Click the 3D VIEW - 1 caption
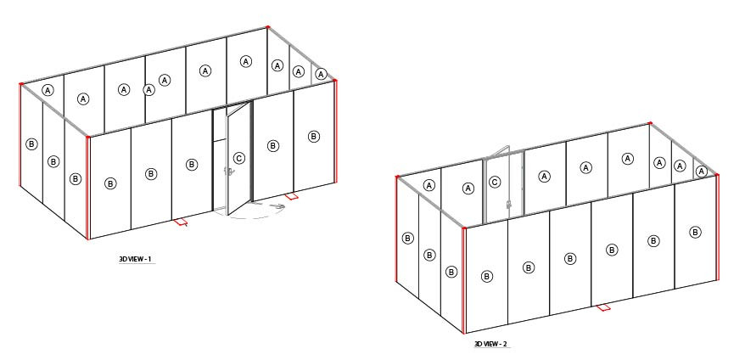pyautogui.click(x=136, y=259)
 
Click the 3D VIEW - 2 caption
pyautogui.click(x=491, y=344)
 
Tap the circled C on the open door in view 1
pyautogui.click(x=239, y=159)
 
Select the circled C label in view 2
pyautogui.click(x=495, y=183)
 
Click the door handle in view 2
pyautogui.click(x=509, y=205)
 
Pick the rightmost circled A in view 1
pyautogui.click(x=322, y=74)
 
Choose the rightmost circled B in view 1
pyautogui.click(x=314, y=137)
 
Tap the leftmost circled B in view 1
pyautogui.click(x=31, y=144)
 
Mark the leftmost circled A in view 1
pyautogui.click(x=48, y=90)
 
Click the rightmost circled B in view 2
pyautogui.click(x=695, y=233)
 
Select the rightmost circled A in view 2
pyautogui.click(x=702, y=172)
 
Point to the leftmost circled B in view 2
pyautogui.click(x=407, y=239)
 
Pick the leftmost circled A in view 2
pyautogui.click(x=429, y=185)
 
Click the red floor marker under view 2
pyautogui.click(x=603, y=307)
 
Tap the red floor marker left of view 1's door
pyautogui.click(x=181, y=222)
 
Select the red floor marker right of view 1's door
pyautogui.click(x=291, y=196)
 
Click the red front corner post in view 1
pyautogui.click(x=88, y=188)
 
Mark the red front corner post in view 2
pyautogui.click(x=464, y=280)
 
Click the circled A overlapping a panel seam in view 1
pyautogui.click(x=149, y=89)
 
